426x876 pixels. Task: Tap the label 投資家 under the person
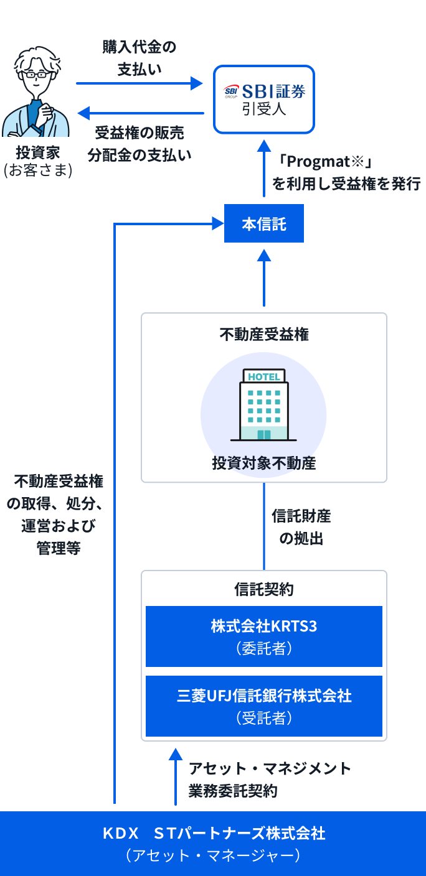tap(38, 152)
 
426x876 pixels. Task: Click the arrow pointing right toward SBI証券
tap(140, 83)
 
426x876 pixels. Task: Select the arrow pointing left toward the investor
tap(140, 113)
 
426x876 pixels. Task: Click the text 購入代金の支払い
tap(140, 58)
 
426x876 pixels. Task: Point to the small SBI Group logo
tap(232, 91)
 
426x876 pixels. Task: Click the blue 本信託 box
tap(264, 223)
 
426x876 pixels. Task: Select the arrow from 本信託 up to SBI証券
tap(264, 168)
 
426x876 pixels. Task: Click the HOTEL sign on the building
tap(264, 376)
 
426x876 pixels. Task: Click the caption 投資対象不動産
tap(264, 463)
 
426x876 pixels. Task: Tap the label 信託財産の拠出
tap(301, 527)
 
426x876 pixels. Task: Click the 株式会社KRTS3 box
tap(264, 636)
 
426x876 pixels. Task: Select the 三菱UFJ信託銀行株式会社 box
tap(264, 706)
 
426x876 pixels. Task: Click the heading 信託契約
tap(264, 589)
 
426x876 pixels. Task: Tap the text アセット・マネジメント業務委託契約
tap(270, 780)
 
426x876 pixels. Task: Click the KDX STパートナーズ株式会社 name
tap(214, 833)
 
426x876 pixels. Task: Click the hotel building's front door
tap(264, 434)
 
